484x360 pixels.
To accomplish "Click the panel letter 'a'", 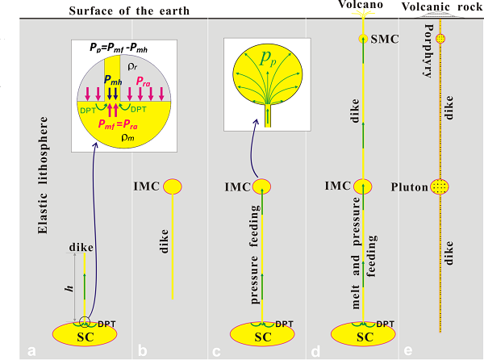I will click(x=31, y=350).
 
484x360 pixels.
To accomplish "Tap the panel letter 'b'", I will click(x=141, y=350).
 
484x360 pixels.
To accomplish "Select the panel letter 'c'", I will click(x=216, y=350).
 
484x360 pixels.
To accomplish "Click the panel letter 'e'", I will click(x=407, y=350).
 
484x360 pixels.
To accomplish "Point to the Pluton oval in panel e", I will click(x=439, y=187).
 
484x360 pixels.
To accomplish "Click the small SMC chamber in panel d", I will click(x=363, y=39).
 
